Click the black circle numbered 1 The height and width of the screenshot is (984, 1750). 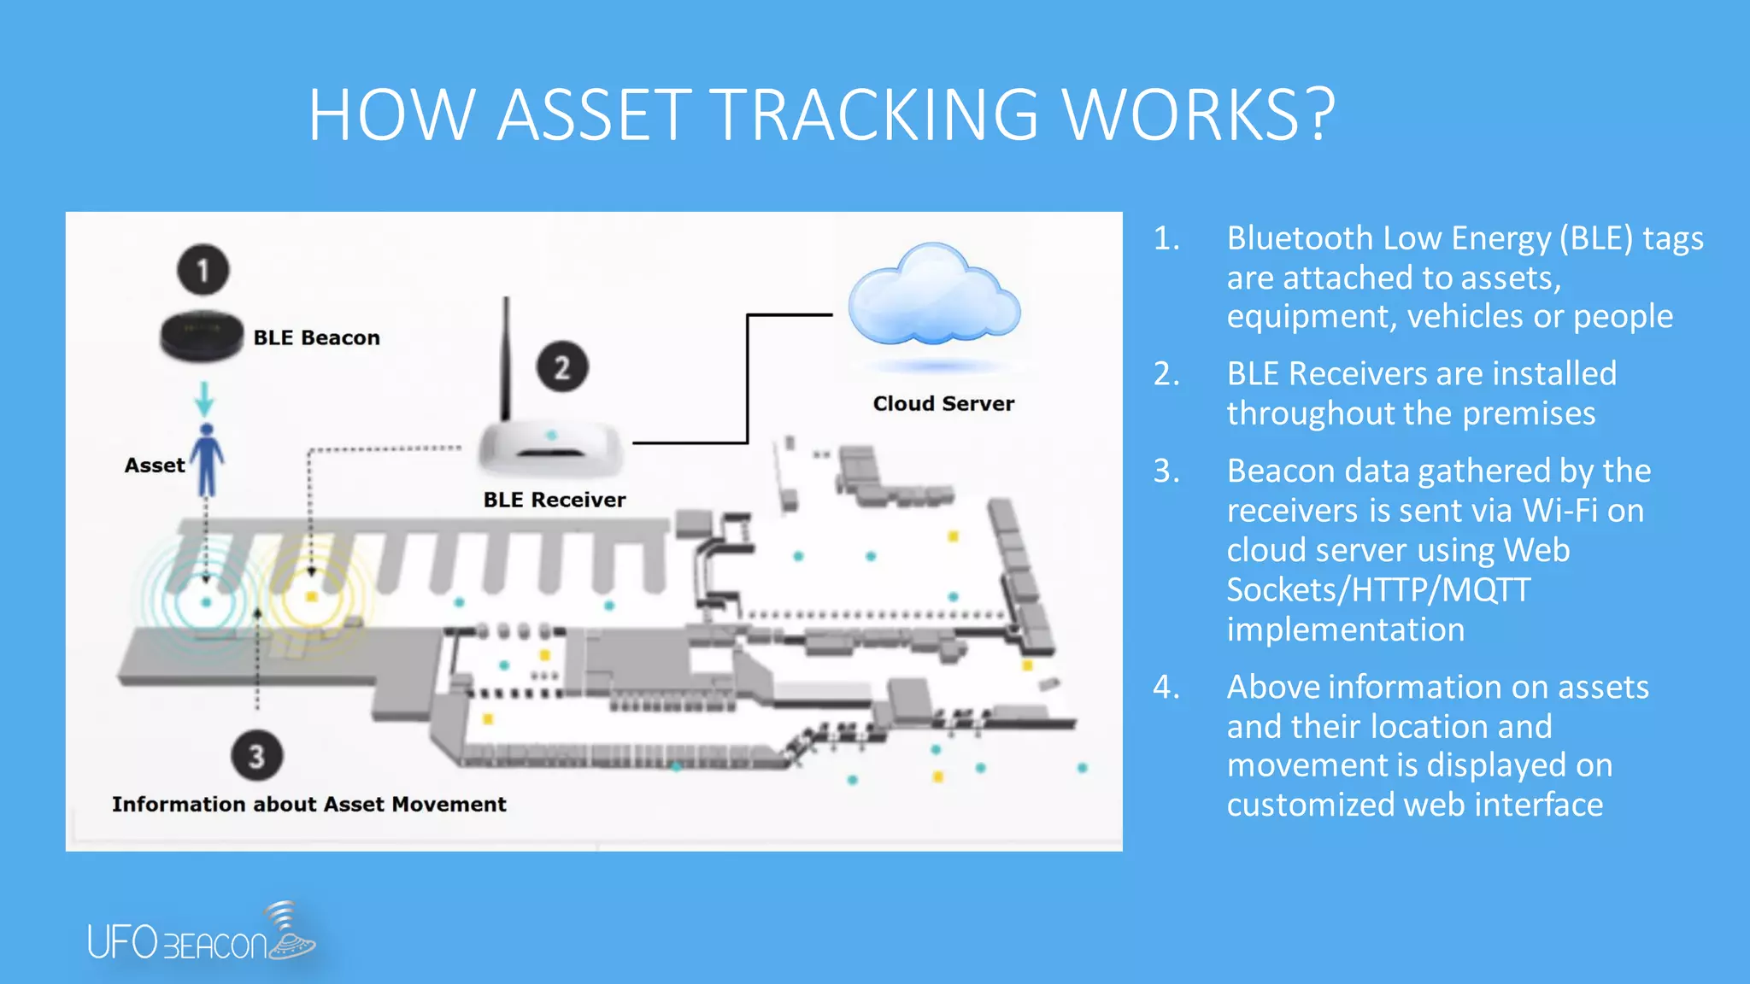[203, 270]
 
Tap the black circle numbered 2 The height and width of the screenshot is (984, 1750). [561, 367]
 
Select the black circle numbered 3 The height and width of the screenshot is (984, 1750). [256, 756]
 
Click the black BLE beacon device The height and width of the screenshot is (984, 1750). [202, 335]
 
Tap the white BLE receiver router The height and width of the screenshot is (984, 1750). [550, 448]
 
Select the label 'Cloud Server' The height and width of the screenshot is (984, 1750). [943, 403]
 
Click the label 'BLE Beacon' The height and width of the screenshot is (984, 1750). [316, 337]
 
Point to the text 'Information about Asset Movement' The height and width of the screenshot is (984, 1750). [308, 804]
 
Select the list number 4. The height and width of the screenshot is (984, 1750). [1166, 687]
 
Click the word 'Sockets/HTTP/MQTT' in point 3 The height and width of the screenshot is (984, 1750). [1378, 590]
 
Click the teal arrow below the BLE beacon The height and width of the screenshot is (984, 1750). [204, 398]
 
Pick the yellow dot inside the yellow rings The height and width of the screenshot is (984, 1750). [312, 597]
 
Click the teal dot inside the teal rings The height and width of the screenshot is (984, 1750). [206, 602]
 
